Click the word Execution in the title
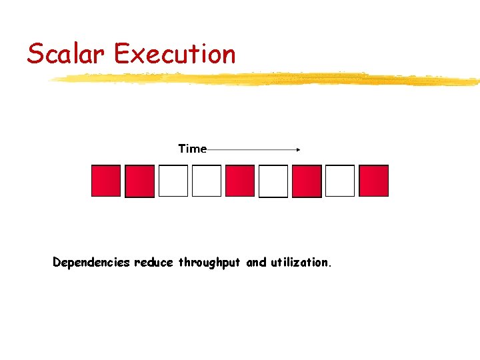tap(175, 53)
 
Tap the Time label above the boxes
tap(192, 149)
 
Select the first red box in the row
tap(106, 181)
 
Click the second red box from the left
tap(139, 181)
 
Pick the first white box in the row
tap(173, 181)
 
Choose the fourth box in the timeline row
tap(207, 181)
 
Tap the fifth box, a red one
tap(240, 181)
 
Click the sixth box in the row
tap(273, 181)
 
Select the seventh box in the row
tap(307, 181)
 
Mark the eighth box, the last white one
tap(340, 181)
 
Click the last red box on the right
tap(373, 181)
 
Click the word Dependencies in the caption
tap(91, 263)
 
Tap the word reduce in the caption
tap(154, 263)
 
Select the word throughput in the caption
tap(209, 263)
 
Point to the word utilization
tap(299, 263)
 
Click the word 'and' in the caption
tap(256, 263)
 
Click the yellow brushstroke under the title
tap(267, 80)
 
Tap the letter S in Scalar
tap(35, 53)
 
